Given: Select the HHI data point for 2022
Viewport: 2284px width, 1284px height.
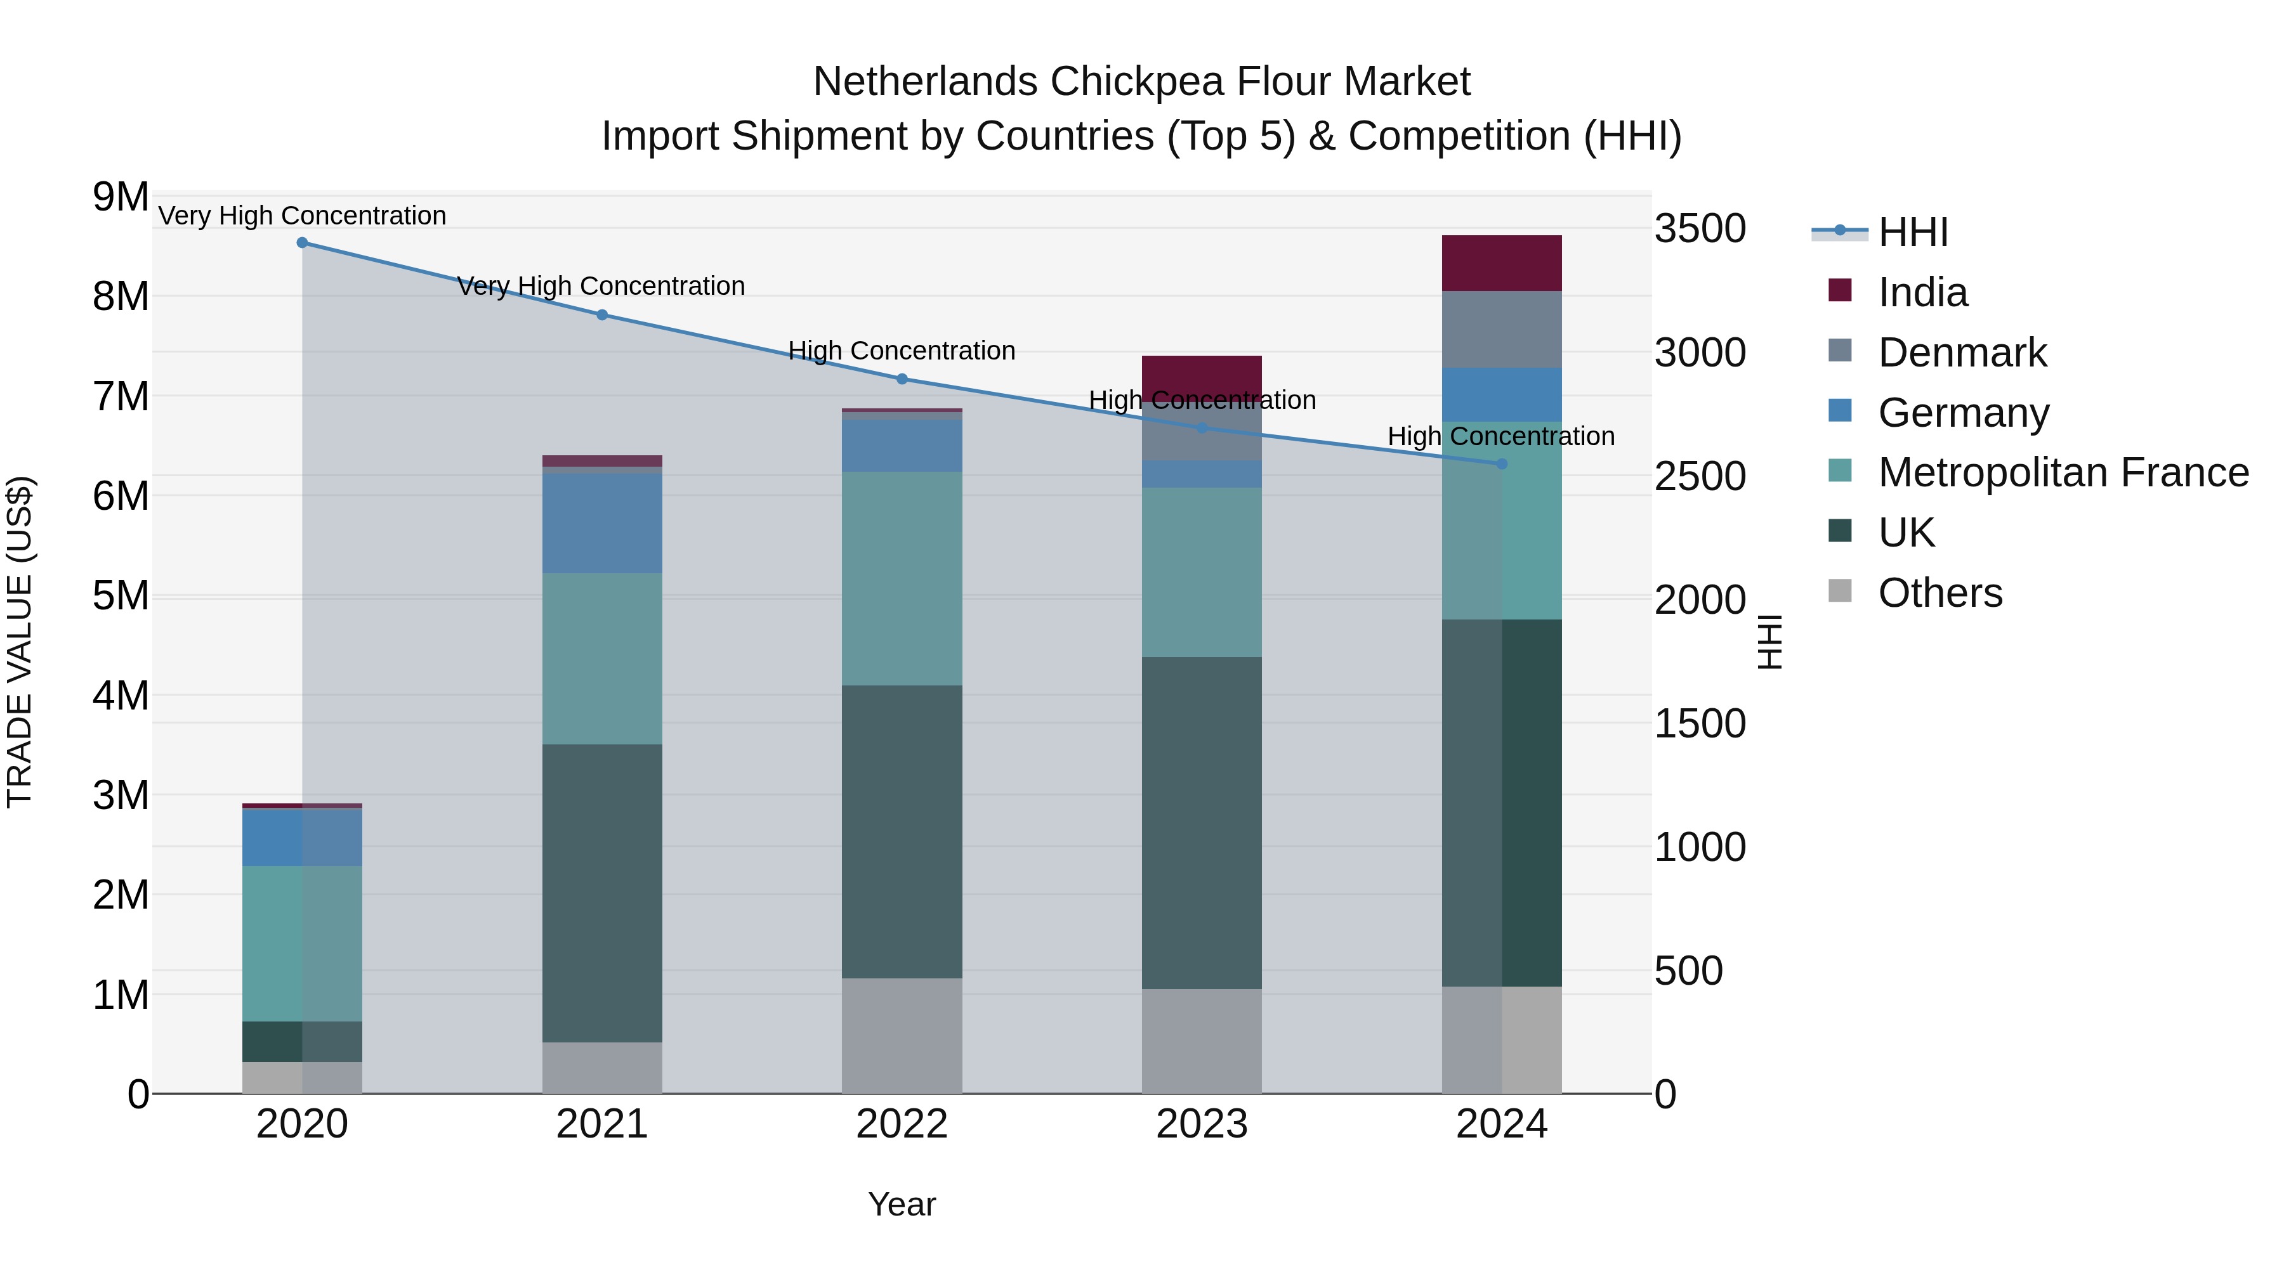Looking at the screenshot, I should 902,379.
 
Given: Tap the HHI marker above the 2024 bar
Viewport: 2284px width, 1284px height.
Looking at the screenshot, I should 1502,464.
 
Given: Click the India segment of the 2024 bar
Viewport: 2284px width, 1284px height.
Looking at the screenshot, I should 1502,263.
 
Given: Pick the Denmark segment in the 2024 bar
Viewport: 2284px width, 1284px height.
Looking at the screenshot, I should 1502,330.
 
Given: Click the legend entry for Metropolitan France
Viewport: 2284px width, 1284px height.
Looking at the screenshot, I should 2063,472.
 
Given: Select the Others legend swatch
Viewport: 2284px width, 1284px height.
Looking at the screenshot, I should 1840,591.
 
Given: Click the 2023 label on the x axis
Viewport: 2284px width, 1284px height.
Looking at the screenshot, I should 1202,1124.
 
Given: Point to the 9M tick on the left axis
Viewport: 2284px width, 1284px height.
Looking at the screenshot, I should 121,197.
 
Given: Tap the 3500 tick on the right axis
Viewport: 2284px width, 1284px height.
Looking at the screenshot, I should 1700,229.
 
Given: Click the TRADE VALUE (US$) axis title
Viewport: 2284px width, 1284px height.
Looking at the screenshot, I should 20,642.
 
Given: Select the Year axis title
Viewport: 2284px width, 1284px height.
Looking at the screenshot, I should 902,1204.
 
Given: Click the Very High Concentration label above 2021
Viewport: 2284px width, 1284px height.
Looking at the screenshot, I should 601,286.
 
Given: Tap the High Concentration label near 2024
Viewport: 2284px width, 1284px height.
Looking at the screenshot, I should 1501,436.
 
